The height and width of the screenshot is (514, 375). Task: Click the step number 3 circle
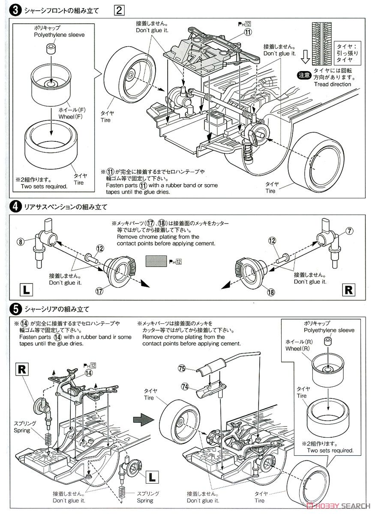[x=15, y=10]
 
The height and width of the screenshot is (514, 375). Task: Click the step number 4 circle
[x=15, y=207]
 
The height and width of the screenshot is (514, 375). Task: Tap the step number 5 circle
[x=15, y=308]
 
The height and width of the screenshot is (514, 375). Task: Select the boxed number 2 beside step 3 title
[x=119, y=10]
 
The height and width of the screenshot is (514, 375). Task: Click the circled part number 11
[x=248, y=32]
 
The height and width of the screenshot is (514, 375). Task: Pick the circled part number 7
[x=350, y=231]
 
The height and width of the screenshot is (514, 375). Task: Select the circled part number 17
[x=99, y=291]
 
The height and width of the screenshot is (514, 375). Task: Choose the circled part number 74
[x=185, y=386]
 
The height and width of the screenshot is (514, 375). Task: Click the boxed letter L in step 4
[x=26, y=290]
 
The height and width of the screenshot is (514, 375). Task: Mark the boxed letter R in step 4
[x=348, y=290]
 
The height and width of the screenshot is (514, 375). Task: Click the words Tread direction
[x=332, y=84]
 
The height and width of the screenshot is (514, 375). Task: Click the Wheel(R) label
[x=299, y=345]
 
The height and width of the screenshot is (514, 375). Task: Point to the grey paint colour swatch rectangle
[x=156, y=261]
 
